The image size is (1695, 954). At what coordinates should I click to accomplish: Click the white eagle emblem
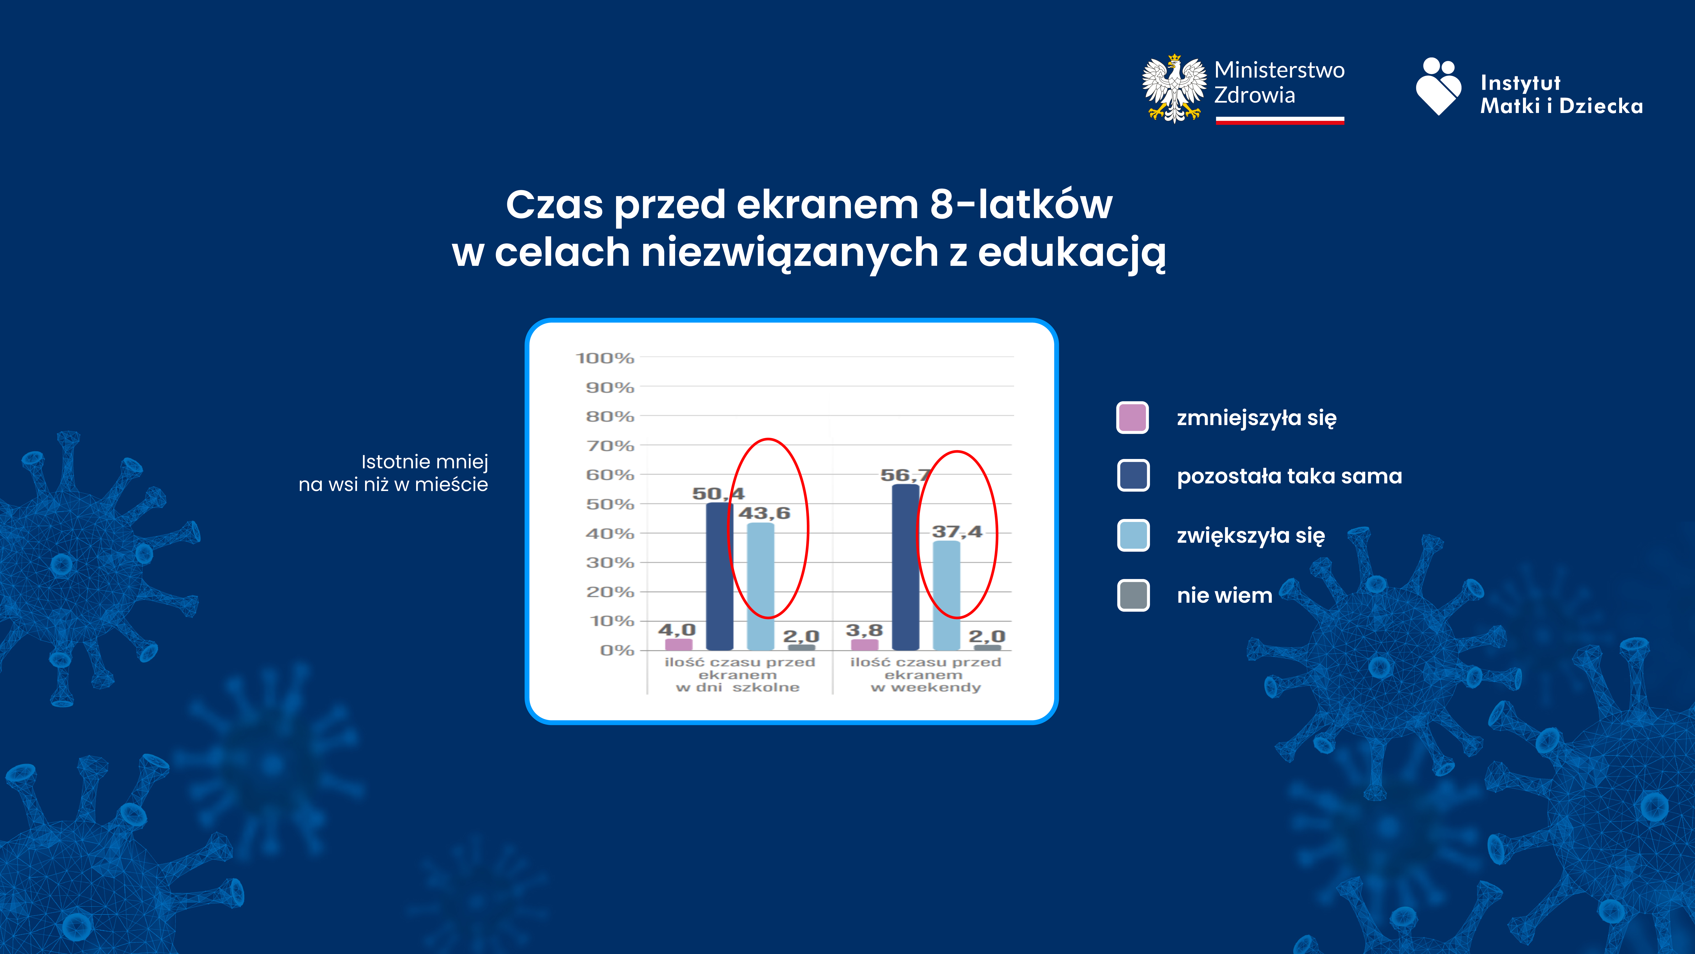[1174, 89]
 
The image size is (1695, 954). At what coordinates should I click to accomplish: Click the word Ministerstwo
[1279, 70]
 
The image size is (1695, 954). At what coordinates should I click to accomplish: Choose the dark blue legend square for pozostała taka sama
[1133, 475]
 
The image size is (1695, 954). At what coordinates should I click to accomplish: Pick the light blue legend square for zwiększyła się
[1133, 535]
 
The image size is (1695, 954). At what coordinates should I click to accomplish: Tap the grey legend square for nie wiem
[1133, 595]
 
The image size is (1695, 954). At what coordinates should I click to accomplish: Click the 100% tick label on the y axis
[605, 358]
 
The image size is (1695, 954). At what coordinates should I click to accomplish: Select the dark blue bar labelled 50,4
[719, 576]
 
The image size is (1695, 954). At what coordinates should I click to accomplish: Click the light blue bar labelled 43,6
[761, 586]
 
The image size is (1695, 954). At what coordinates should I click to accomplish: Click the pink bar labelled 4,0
[678, 644]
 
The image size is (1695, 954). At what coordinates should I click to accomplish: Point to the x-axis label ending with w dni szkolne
[740, 675]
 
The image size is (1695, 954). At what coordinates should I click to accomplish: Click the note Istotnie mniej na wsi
[393, 473]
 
